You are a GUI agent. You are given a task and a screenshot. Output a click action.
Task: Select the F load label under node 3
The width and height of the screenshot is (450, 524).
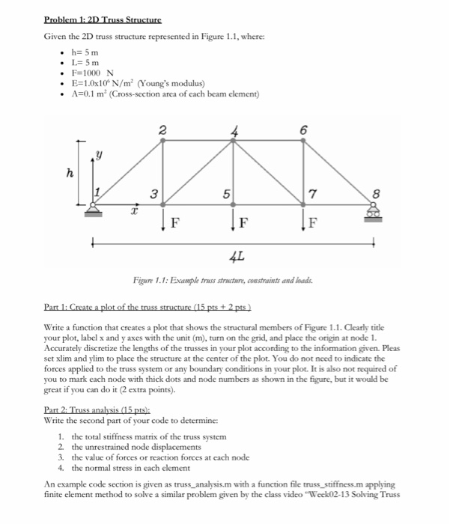coord(174,222)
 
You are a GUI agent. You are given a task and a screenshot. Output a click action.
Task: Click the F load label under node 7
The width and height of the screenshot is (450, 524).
coord(315,222)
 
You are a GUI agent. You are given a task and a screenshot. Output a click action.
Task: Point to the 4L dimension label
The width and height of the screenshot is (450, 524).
coord(234,257)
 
